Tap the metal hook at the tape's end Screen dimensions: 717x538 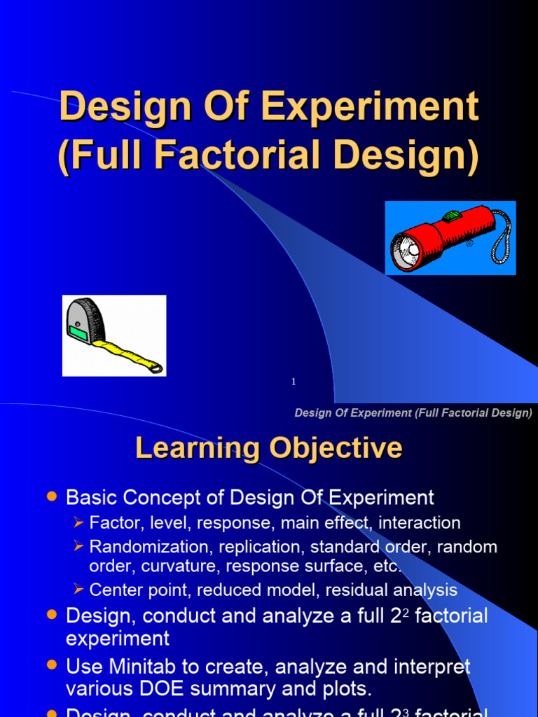(155, 367)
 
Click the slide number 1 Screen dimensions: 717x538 (294, 382)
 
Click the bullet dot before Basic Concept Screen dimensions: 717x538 (50, 496)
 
